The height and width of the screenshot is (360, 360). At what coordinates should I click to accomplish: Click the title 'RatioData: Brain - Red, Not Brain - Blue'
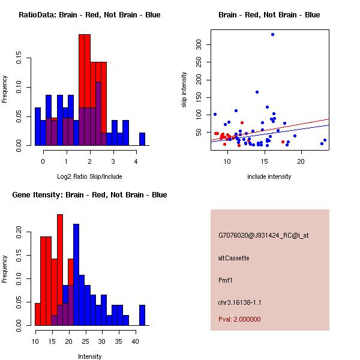pos(89,15)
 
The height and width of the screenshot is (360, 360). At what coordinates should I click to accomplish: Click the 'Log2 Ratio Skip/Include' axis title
pos(89,177)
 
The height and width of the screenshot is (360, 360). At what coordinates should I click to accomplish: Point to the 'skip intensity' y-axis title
pos(184,90)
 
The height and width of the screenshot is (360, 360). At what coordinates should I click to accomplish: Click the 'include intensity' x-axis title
pos(269,177)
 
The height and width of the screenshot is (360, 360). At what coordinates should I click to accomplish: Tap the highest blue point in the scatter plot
pos(272,34)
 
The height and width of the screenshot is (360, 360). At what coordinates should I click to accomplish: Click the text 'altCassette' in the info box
pos(234,258)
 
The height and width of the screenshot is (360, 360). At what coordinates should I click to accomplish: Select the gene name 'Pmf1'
pos(226,280)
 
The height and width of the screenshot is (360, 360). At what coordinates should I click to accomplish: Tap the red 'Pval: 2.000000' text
pos(239,319)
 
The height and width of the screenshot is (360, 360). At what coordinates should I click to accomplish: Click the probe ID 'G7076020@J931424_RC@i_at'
pos(263,236)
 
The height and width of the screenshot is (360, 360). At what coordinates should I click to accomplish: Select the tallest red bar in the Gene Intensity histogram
pos(60,270)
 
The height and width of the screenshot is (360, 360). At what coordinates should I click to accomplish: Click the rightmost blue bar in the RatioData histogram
pos(142,139)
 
